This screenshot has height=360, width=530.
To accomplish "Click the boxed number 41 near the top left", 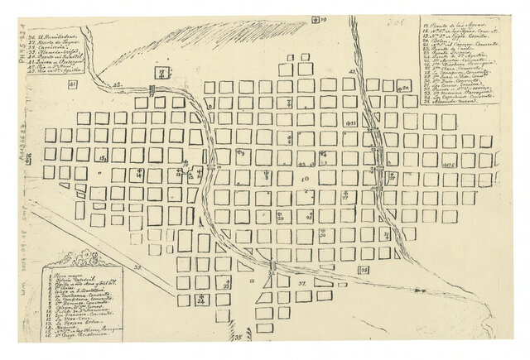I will click(72, 84).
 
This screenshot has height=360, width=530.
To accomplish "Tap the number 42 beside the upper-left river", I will click(117, 84).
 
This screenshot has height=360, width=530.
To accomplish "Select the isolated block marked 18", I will click(163, 74).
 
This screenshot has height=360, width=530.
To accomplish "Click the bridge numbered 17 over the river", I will click(154, 90).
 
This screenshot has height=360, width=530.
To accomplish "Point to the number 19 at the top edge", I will click(319, 17).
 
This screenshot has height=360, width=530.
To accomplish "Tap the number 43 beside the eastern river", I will click(352, 73).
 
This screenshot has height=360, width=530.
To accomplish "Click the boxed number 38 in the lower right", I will click(364, 270).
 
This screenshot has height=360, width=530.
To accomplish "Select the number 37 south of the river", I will click(302, 282).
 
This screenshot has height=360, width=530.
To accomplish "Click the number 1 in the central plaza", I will click(305, 179).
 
